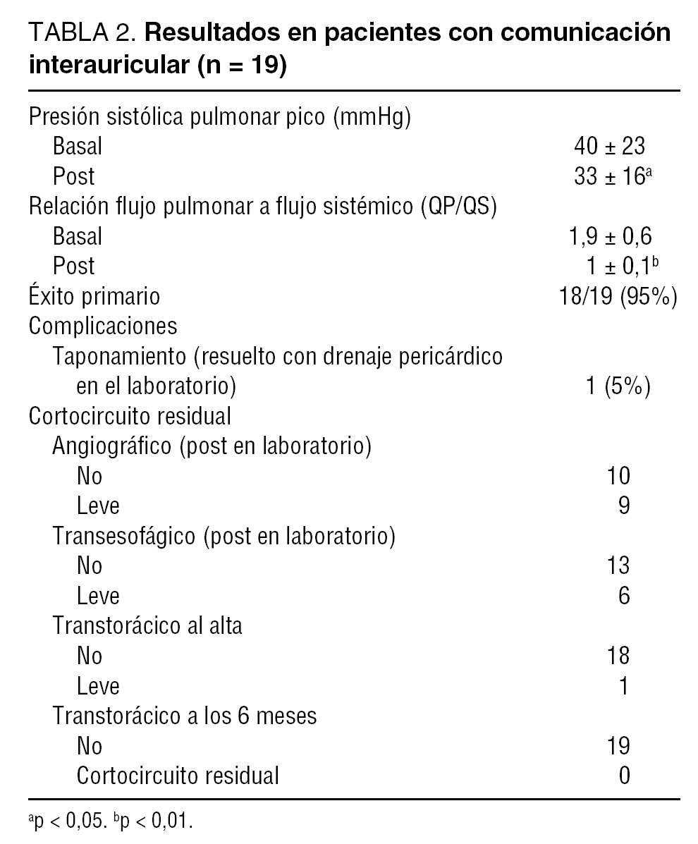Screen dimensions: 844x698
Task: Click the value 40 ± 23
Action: pyautogui.click(x=610, y=146)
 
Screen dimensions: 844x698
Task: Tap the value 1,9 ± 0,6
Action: pyautogui.click(x=610, y=236)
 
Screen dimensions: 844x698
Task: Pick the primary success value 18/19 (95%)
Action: pyautogui.click(x=618, y=296)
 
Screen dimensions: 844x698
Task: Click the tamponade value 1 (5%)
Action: pyautogui.click(x=618, y=387)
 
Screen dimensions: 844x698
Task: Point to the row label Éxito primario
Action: pyautogui.click(x=94, y=296)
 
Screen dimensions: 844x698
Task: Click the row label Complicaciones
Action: pyautogui.click(x=103, y=326)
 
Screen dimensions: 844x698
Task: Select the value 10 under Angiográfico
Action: pyautogui.click(x=618, y=477)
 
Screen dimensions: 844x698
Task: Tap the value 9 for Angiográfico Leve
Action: pyautogui.click(x=623, y=506)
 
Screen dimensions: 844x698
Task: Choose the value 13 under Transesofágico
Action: pyautogui.click(x=618, y=566)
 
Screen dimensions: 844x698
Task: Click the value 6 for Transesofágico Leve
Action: pyautogui.click(x=623, y=597)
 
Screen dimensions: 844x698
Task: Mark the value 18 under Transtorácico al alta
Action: pyautogui.click(x=618, y=656)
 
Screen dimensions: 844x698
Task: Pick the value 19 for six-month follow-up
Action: pyautogui.click(x=618, y=746)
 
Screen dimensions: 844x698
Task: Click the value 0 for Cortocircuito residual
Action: pyautogui.click(x=623, y=776)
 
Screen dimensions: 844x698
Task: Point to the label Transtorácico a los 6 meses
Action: pyautogui.click(x=185, y=716)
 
